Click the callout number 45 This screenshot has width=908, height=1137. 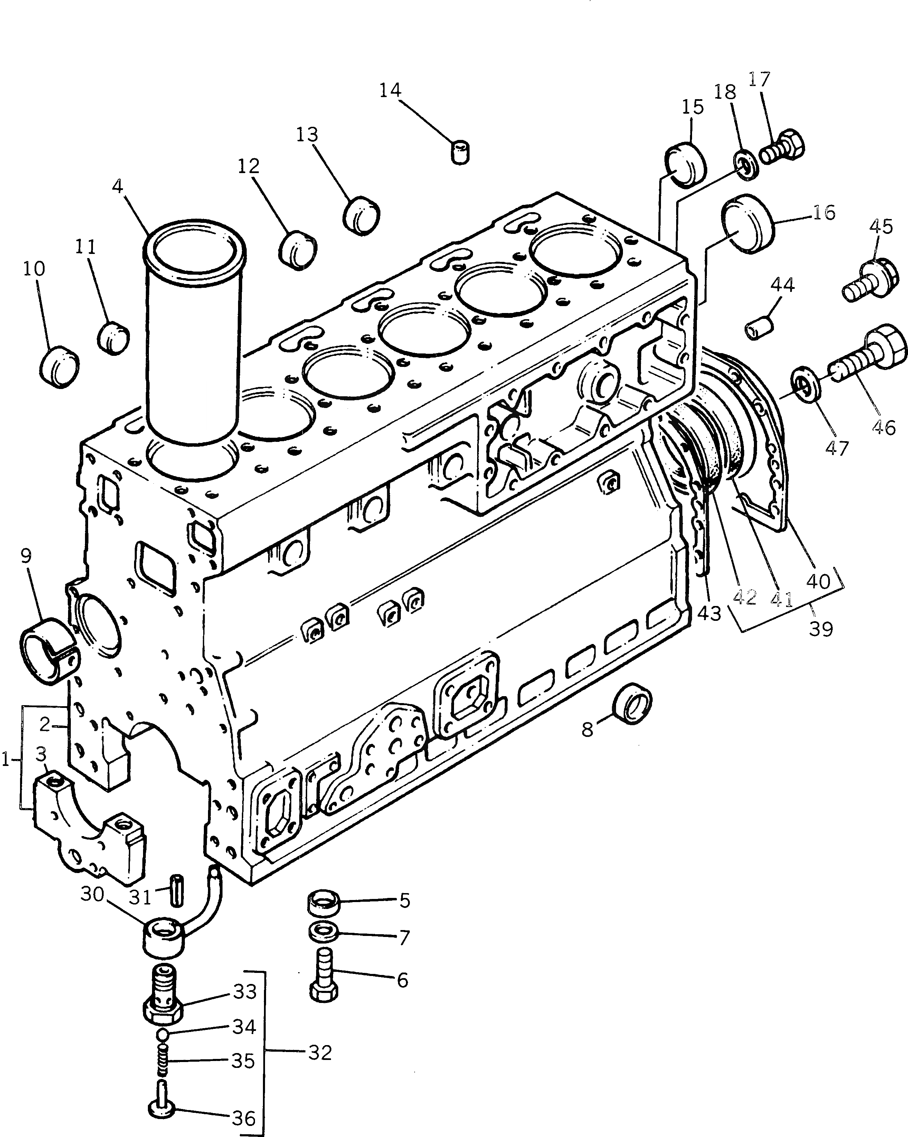pos(881,226)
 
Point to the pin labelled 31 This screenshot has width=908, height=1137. pos(177,890)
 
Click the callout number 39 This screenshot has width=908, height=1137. pos(821,629)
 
